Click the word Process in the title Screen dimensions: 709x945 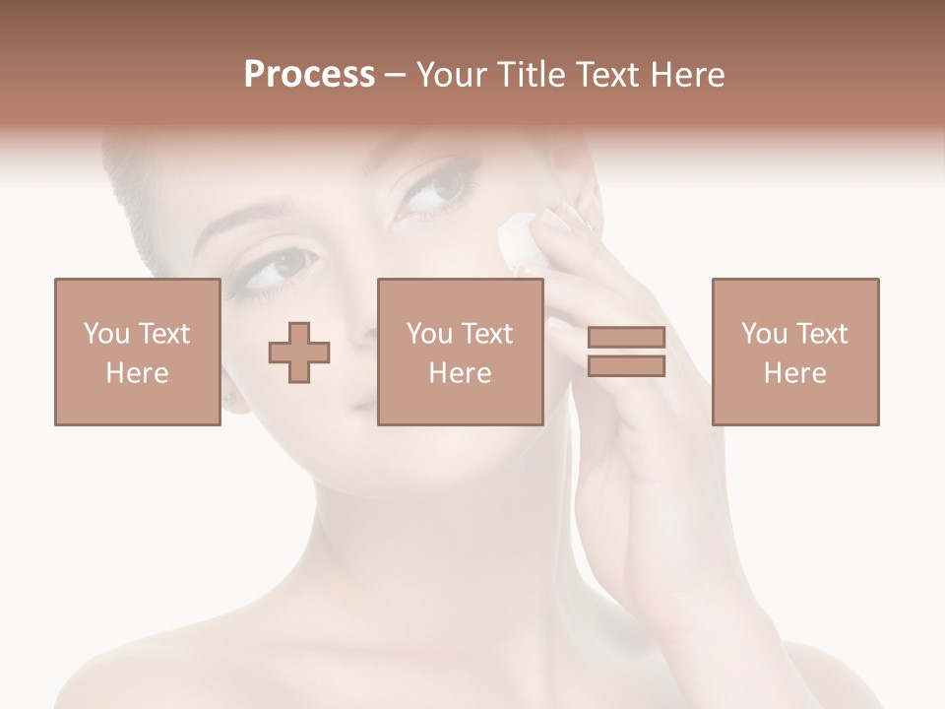click(309, 75)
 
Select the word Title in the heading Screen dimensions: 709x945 click(530, 75)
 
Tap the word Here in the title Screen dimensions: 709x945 click(686, 75)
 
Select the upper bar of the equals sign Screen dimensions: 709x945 click(626, 338)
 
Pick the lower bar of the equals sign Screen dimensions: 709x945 click(626, 365)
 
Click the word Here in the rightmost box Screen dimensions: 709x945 click(795, 373)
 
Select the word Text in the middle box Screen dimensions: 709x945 click(488, 334)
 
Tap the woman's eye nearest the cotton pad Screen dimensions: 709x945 click(431, 190)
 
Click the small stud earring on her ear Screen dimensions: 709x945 click(231, 399)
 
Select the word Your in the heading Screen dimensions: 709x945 click(453, 75)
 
